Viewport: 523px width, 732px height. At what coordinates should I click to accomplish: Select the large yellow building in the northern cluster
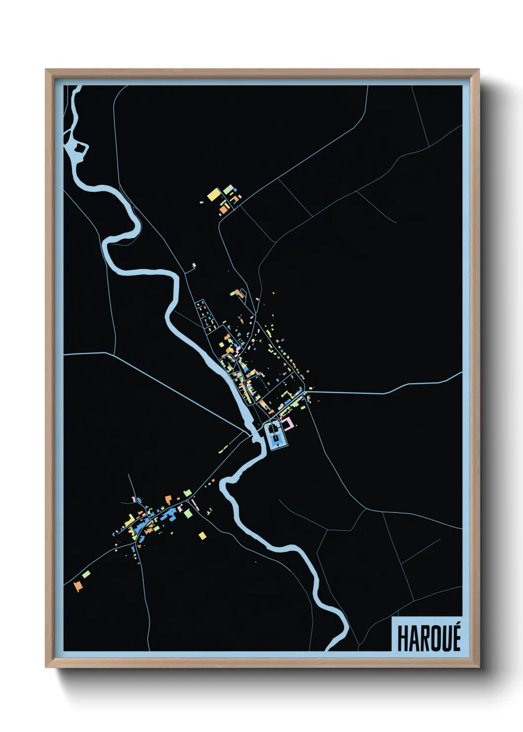(214, 194)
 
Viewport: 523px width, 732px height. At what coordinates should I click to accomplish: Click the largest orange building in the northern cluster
(224, 209)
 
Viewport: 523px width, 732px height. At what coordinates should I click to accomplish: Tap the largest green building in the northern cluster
(227, 189)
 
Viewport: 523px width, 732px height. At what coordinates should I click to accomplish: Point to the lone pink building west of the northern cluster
(202, 202)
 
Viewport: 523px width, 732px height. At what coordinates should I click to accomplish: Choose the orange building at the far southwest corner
(78, 586)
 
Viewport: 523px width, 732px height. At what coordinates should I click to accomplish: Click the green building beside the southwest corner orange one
(87, 574)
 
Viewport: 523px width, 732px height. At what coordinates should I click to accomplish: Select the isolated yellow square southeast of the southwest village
(202, 535)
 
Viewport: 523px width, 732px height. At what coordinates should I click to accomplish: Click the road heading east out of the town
(386, 393)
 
